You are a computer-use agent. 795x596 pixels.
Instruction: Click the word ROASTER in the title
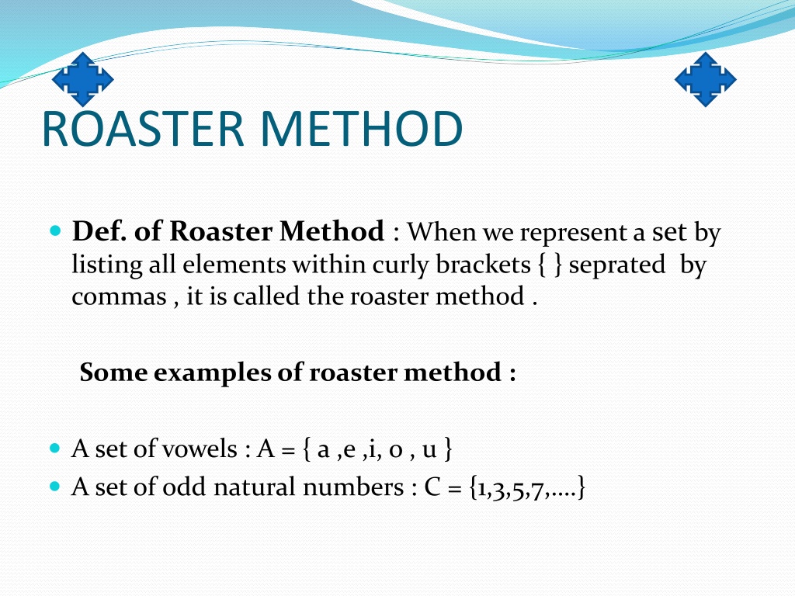pyautogui.click(x=143, y=129)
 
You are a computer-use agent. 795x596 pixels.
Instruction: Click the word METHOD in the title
pyautogui.click(x=362, y=129)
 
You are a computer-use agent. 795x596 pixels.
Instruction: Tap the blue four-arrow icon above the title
pyautogui.click(x=82, y=80)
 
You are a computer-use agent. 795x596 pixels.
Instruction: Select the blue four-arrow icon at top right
pyautogui.click(x=705, y=80)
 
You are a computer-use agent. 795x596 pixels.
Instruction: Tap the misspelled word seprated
pyautogui.click(x=617, y=265)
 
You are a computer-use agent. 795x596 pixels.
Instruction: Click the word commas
pyautogui.click(x=119, y=297)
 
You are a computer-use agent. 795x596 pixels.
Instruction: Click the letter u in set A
pyautogui.click(x=429, y=450)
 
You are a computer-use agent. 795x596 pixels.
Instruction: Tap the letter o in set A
pyautogui.click(x=395, y=450)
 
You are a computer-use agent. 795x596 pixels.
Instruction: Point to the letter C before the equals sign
pyautogui.click(x=432, y=487)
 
